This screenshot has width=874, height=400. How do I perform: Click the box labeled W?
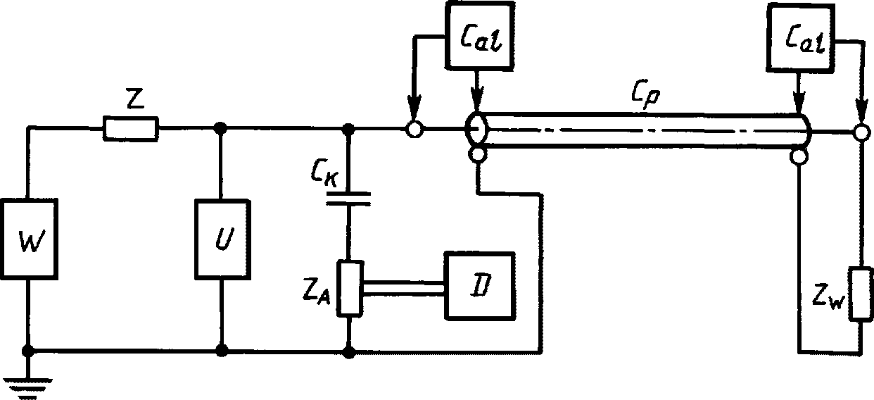click(x=30, y=239)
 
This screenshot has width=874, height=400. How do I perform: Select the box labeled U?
click(x=222, y=239)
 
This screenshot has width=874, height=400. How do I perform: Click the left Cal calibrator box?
click(x=479, y=36)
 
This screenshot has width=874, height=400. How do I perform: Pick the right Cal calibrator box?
click(x=801, y=38)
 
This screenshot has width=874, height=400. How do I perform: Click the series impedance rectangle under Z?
click(x=131, y=128)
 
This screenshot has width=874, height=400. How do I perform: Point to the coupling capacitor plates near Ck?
click(x=348, y=199)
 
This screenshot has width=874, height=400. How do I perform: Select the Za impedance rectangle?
click(x=350, y=288)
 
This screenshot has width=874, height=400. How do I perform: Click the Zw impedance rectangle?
click(x=861, y=294)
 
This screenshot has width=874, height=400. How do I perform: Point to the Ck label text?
click(x=325, y=173)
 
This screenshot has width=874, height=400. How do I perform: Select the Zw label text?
click(x=828, y=298)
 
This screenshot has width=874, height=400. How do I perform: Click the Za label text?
click(x=317, y=294)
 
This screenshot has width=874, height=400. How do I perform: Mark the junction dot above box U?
click(x=221, y=127)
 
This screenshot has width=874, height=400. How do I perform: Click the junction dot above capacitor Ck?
click(x=348, y=128)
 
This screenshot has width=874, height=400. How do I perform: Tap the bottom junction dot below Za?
click(x=349, y=352)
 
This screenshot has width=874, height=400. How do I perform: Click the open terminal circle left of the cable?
click(x=414, y=130)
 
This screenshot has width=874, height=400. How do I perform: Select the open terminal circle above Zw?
click(x=861, y=132)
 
